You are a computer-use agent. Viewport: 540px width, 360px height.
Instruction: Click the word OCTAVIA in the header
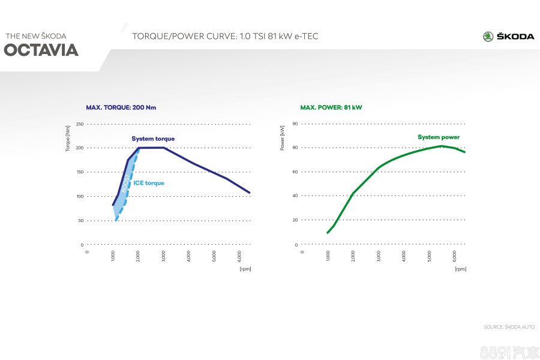click(x=41, y=50)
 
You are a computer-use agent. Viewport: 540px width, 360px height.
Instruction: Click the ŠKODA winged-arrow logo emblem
click(x=488, y=37)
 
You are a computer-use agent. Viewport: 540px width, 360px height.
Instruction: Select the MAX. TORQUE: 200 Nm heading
click(x=121, y=107)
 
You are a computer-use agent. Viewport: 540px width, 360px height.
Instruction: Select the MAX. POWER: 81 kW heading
click(x=331, y=107)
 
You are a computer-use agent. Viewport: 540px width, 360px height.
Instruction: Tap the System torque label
click(x=153, y=139)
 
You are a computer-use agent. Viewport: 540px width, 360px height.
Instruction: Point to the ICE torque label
click(x=149, y=183)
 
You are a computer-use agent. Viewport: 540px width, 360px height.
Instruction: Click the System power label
click(x=439, y=137)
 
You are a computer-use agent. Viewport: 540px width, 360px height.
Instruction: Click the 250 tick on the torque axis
click(x=80, y=124)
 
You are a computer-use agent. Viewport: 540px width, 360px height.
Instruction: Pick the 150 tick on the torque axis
click(x=80, y=172)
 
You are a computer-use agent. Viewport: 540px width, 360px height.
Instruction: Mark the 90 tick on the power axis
click(x=295, y=124)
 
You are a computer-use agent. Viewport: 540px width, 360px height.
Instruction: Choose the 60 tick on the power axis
click(x=295, y=172)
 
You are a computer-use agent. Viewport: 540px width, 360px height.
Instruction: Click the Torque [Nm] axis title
click(x=68, y=139)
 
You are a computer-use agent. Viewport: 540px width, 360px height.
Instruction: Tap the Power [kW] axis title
click(x=282, y=138)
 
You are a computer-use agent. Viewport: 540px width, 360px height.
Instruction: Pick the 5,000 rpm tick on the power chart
click(x=430, y=256)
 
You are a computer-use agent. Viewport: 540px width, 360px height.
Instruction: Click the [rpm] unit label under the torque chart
click(x=245, y=269)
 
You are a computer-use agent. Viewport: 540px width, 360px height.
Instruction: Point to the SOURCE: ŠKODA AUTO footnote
click(x=509, y=327)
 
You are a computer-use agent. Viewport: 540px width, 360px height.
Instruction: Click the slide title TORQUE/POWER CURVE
click(x=225, y=37)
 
